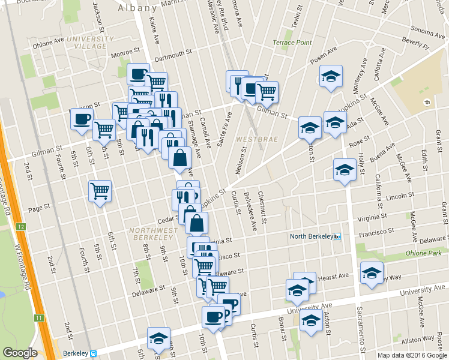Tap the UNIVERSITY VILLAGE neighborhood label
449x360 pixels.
tap(90, 42)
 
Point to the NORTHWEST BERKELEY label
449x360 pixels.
tap(152, 234)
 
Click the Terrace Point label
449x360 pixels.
tap(292, 43)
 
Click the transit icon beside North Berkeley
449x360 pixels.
tap(337, 236)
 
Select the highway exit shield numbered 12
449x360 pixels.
tap(21, 226)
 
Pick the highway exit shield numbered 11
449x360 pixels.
tap(38, 317)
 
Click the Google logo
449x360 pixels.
tap(20, 353)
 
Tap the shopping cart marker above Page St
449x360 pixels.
tap(100, 191)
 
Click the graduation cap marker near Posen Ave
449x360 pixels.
tap(330, 76)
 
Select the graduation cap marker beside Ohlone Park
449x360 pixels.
tap(372, 272)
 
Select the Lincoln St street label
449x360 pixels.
tap(397, 197)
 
